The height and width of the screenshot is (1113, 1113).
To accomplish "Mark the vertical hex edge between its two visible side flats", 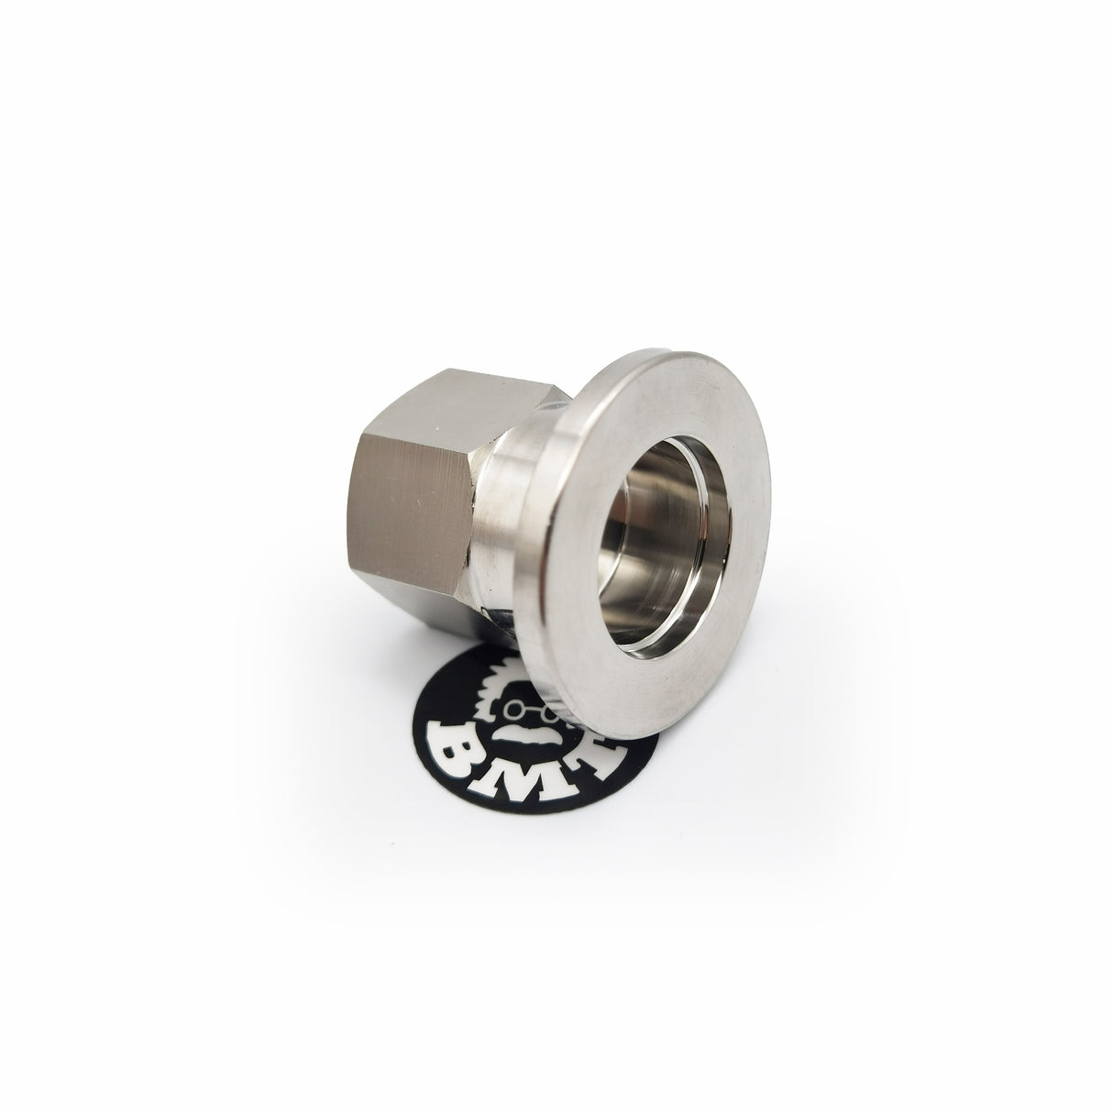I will [476, 495].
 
